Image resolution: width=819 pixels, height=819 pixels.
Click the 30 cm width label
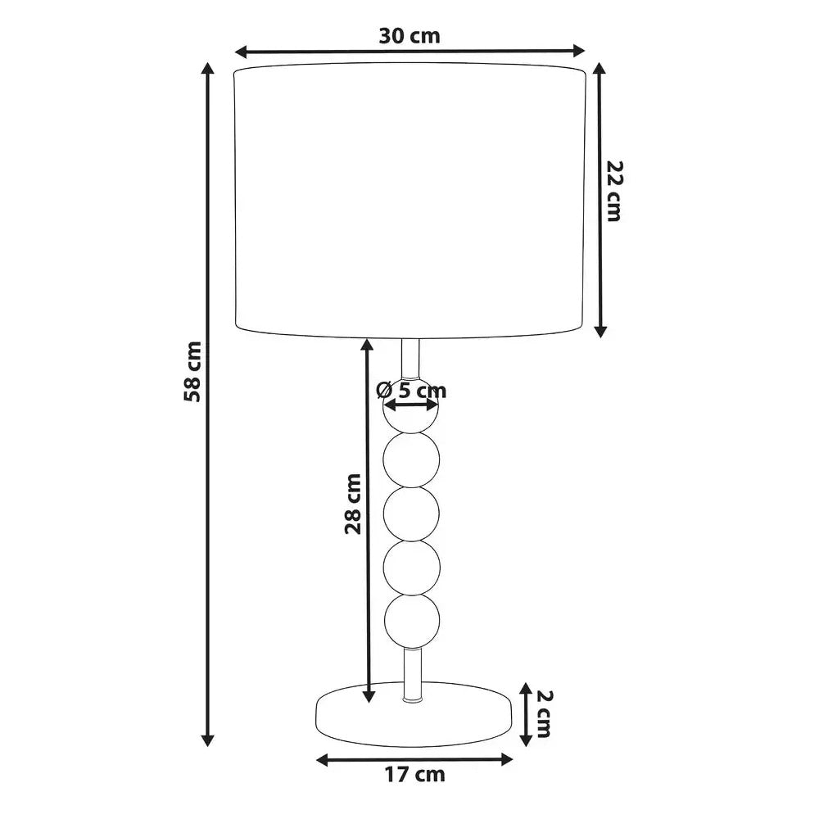pos(409,36)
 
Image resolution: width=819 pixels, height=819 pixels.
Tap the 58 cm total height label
pos(192,371)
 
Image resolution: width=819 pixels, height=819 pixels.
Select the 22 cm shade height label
pos(614,191)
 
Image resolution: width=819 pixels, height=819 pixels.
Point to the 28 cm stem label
pos(353,504)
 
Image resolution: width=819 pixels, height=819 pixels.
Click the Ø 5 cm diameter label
pos(412,390)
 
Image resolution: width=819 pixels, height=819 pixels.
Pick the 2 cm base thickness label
pos(544,713)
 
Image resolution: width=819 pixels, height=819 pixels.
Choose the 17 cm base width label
pos(415,774)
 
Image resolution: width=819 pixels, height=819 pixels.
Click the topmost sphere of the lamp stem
pos(412,405)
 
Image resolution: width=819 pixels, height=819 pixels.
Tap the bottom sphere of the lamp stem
pos(412,622)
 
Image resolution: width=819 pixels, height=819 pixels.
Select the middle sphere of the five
pos(412,513)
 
